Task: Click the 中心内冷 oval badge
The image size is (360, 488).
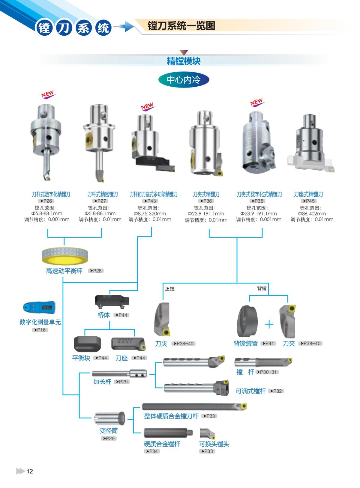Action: point(183,80)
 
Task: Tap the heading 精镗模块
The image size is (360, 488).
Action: point(183,61)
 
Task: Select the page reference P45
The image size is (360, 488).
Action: point(309,201)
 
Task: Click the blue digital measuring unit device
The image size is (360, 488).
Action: point(39,307)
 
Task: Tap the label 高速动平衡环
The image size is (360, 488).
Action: point(64,271)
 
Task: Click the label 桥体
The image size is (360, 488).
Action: point(104,315)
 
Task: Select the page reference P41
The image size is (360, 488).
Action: point(268,344)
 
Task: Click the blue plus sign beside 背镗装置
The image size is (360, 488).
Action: point(269,324)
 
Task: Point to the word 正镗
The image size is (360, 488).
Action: point(169,289)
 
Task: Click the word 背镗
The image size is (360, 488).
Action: point(262,288)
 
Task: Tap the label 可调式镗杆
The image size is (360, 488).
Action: point(251,391)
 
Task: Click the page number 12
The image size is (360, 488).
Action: point(30,471)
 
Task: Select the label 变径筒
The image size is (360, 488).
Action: point(109,431)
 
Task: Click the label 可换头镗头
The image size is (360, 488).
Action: point(214,444)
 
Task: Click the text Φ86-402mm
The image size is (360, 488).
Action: point(312,214)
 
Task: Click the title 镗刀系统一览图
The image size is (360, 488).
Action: point(181,26)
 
